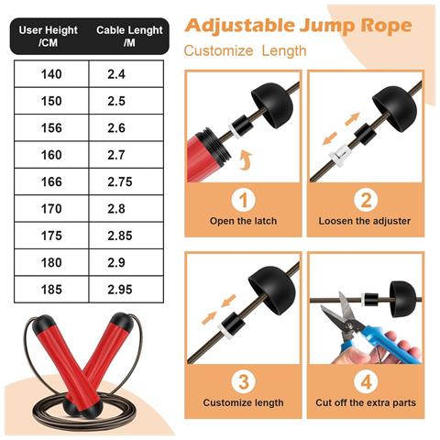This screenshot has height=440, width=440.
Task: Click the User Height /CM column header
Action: click(x=49, y=37)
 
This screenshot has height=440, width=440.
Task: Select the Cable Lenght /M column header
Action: click(x=129, y=37)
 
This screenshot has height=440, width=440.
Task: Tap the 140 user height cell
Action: click(x=51, y=74)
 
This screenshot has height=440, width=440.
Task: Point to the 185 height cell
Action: click(x=51, y=290)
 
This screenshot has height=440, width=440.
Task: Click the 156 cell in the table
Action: click(x=51, y=128)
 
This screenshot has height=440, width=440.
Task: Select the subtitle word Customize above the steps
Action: click(x=218, y=50)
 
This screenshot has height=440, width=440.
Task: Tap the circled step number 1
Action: click(x=243, y=200)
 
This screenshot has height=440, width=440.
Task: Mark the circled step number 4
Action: click(x=366, y=381)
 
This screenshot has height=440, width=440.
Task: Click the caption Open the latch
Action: click(x=243, y=221)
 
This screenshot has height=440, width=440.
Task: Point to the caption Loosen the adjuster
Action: click(x=365, y=221)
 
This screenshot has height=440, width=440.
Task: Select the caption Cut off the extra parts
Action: click(x=366, y=402)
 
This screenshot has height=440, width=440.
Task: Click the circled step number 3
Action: click(x=243, y=381)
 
